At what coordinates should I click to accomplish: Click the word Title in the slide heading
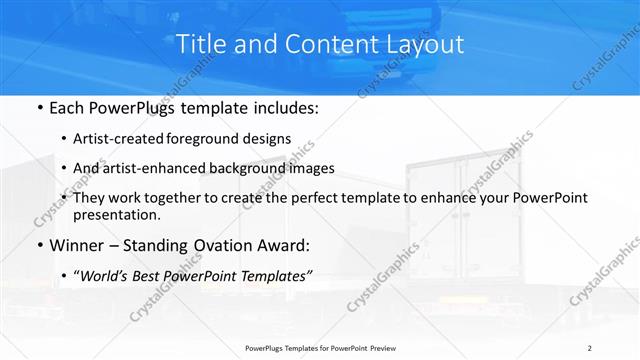[199, 44]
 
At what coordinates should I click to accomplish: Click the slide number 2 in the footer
[590, 348]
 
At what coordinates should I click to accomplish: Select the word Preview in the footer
[380, 348]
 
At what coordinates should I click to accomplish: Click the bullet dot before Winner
[39, 245]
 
